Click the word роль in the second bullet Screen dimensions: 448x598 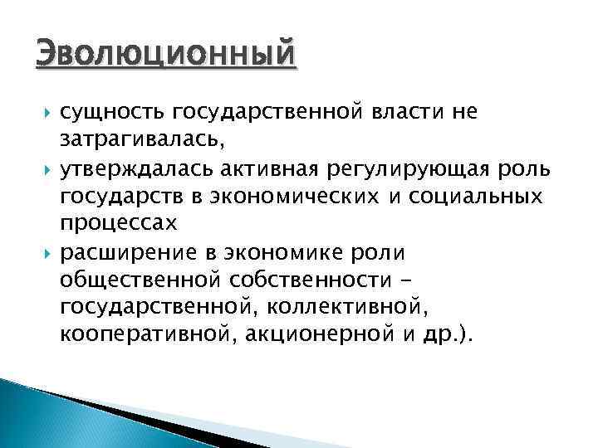(x=550, y=170)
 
